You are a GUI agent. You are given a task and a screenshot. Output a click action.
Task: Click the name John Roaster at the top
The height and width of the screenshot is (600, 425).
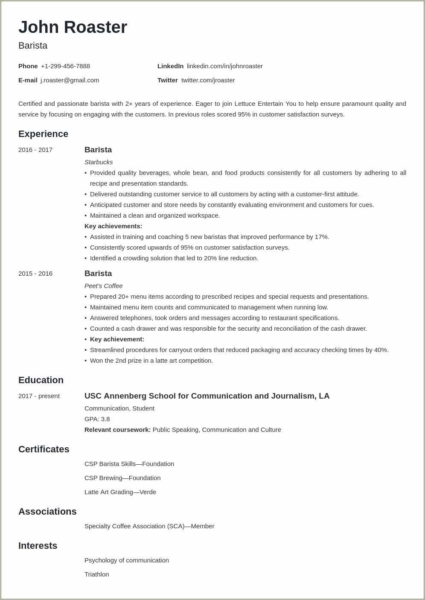73,27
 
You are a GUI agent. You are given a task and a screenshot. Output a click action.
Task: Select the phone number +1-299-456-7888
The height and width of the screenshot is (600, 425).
65,66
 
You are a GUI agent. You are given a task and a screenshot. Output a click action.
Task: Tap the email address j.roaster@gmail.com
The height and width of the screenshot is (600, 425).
70,80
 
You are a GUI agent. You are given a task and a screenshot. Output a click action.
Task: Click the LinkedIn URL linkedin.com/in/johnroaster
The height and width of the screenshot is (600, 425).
224,66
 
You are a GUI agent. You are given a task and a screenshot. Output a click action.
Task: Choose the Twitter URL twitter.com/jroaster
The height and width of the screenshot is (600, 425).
208,80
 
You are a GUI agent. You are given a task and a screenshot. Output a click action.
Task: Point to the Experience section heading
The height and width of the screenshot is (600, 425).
43,134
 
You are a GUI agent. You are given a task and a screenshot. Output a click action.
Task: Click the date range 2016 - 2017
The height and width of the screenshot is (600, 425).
35,150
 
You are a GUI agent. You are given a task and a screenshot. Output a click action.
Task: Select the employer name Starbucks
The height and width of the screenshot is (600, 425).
99,162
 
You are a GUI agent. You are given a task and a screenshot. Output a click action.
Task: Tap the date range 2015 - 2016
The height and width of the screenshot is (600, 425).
35,274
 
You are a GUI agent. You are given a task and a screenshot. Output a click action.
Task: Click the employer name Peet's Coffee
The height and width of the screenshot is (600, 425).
103,286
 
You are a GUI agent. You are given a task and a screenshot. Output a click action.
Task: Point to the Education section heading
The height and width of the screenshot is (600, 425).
41,380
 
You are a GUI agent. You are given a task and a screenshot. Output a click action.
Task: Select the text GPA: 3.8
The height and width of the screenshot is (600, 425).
97,419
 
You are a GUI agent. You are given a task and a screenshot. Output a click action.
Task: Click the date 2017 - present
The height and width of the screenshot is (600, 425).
39,396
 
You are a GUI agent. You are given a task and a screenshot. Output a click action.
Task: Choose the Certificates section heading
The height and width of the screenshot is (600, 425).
44,449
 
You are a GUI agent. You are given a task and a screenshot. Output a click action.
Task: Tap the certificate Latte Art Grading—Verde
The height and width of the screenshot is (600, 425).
120,492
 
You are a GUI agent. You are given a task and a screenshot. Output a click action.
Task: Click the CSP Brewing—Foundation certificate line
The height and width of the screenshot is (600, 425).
122,478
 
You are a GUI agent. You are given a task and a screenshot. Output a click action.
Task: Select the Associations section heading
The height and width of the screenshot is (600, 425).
47,512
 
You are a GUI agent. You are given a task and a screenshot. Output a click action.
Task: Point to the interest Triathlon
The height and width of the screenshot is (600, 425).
96,574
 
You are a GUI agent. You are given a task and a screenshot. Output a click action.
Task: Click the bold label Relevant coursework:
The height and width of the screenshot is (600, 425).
117,430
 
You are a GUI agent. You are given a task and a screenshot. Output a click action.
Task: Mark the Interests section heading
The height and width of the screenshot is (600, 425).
38,546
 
